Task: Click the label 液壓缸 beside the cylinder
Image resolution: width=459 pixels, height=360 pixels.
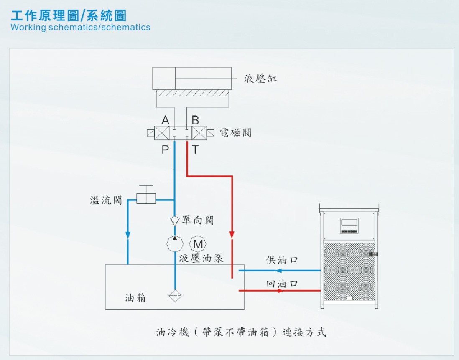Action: coord(260,79)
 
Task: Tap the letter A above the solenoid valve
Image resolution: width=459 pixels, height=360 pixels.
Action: coord(165,120)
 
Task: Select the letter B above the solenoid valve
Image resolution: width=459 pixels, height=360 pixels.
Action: coord(195,120)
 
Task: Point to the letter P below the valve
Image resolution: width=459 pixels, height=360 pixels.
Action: coord(165,150)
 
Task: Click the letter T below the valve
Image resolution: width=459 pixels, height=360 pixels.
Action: coord(195,150)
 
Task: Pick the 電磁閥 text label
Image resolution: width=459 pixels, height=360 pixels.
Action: coord(235,133)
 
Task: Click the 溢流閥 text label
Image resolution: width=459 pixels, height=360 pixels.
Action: coord(106,200)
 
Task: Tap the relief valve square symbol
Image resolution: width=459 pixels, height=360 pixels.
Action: coord(146,198)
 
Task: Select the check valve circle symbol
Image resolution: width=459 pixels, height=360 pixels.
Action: coord(175,220)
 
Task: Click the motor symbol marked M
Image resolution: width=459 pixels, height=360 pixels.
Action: coord(198,244)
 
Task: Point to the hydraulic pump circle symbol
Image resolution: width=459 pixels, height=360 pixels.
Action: coord(175,243)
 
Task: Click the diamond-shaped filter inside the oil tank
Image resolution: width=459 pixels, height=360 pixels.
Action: coord(175,296)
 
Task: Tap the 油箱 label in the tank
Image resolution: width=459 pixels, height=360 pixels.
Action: coord(135,298)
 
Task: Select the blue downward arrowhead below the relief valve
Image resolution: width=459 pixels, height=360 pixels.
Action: coord(128,235)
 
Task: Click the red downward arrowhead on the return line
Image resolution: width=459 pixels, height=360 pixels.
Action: coord(232,235)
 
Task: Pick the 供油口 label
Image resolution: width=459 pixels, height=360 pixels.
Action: coord(282,260)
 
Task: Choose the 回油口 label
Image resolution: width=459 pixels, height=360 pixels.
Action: coord(282,284)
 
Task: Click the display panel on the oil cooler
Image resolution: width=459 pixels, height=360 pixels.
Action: coord(349,226)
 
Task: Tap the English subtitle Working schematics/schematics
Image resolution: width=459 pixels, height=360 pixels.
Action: coord(80,27)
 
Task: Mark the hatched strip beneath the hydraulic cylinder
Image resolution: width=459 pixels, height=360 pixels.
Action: coord(192,93)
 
